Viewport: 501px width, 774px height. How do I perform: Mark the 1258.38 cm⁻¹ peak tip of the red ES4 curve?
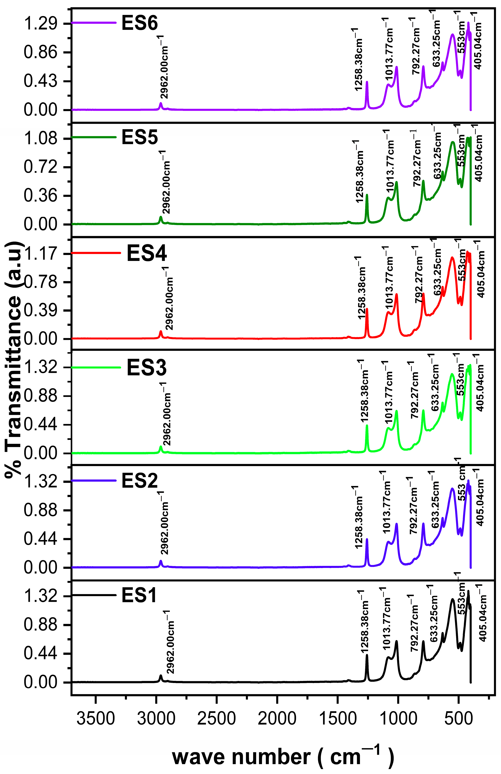click(x=367, y=309)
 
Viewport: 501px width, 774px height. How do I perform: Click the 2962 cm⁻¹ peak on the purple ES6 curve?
click(x=161, y=103)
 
